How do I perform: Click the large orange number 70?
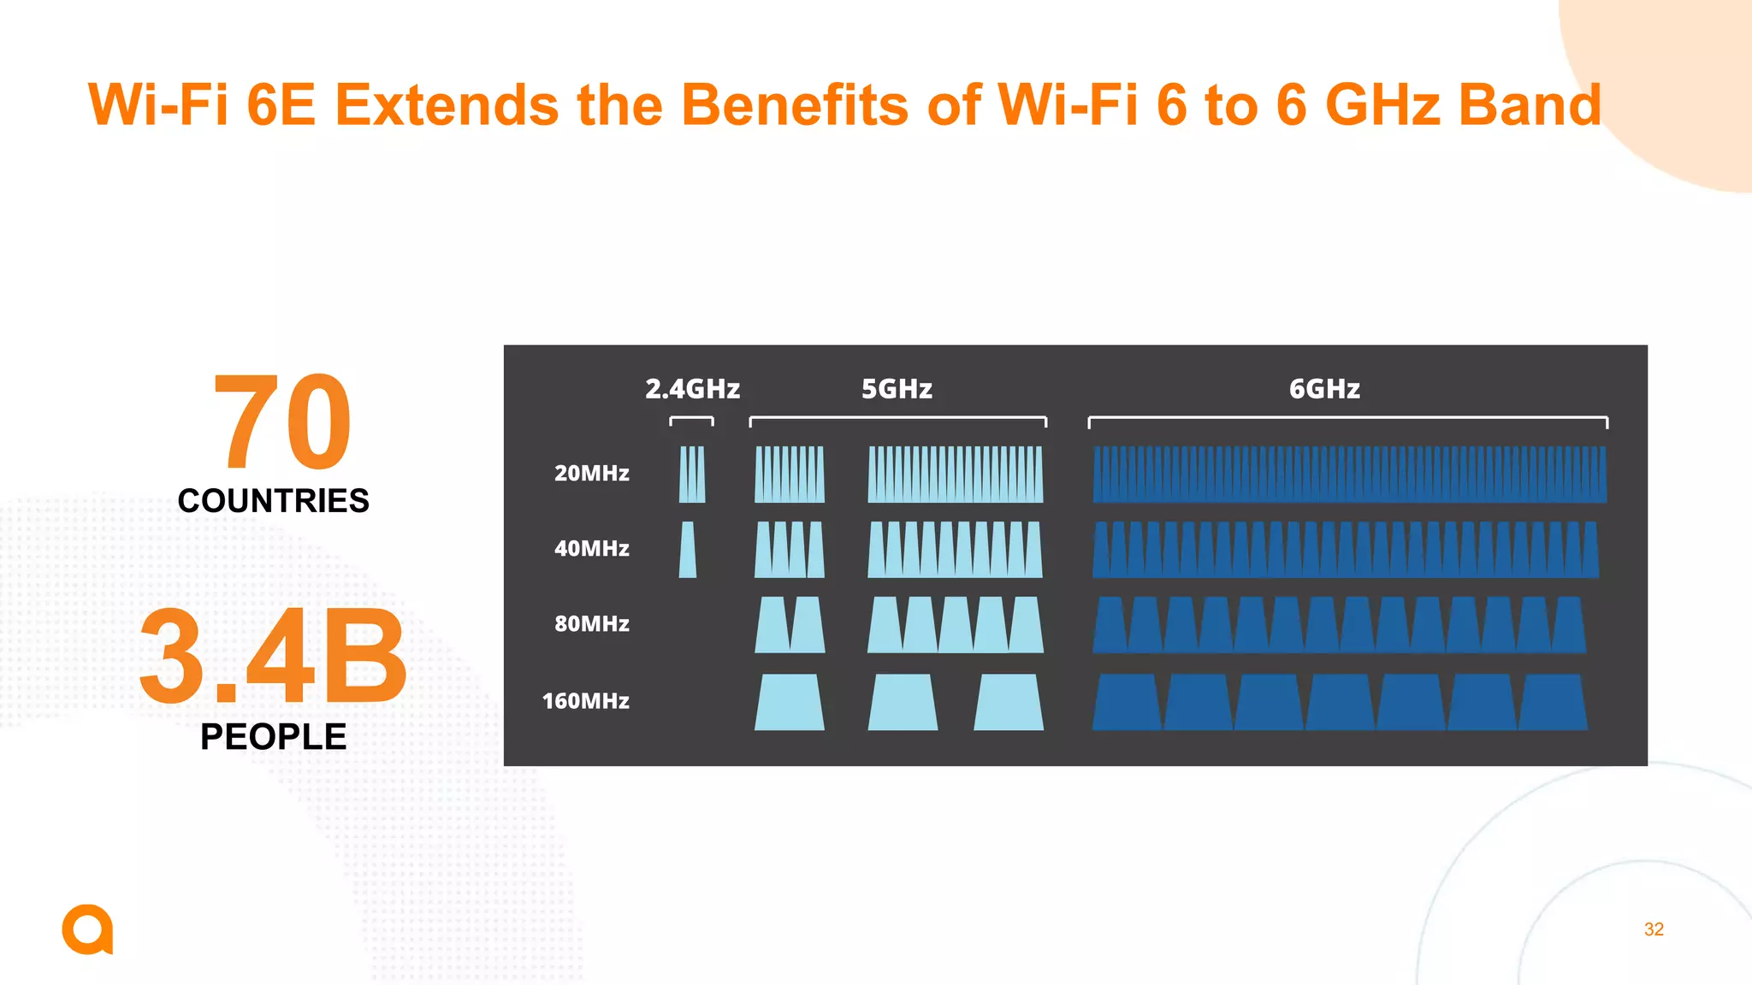pyautogui.click(x=282, y=422)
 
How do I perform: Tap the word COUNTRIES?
pyautogui.click(x=273, y=501)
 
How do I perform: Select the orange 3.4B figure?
pyautogui.click(x=273, y=656)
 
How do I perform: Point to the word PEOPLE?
pyautogui.click(x=273, y=737)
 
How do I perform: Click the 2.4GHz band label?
pyautogui.click(x=692, y=389)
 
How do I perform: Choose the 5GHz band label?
pyautogui.click(x=897, y=389)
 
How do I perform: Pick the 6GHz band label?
pyautogui.click(x=1324, y=389)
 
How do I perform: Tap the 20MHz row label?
pyautogui.click(x=591, y=473)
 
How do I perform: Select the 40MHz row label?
pyautogui.click(x=591, y=548)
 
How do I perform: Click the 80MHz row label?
pyautogui.click(x=591, y=623)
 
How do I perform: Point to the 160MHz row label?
pyautogui.click(x=586, y=701)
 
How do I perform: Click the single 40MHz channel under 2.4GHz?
pyautogui.click(x=688, y=550)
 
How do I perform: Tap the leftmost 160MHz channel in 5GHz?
pyautogui.click(x=789, y=702)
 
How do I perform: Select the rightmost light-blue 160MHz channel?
pyautogui.click(x=1009, y=702)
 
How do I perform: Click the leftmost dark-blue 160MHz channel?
pyautogui.click(x=1127, y=702)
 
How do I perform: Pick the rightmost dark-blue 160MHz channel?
pyautogui.click(x=1553, y=702)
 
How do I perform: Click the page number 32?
pyautogui.click(x=1654, y=929)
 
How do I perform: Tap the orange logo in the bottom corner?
pyautogui.click(x=87, y=929)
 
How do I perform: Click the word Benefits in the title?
pyautogui.click(x=794, y=105)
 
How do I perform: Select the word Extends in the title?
pyautogui.click(x=446, y=105)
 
